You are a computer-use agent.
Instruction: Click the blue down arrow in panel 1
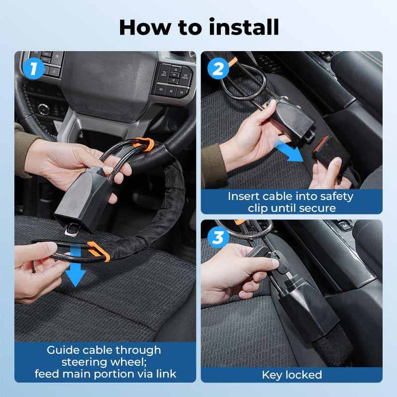click(x=74, y=273)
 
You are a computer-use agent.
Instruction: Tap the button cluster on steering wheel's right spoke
click(x=173, y=80)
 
